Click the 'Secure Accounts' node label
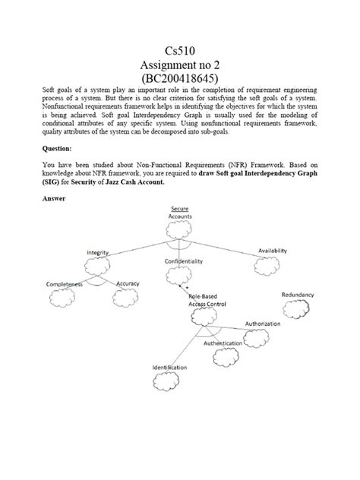pyautogui.click(x=180, y=212)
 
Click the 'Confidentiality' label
pyautogui.click(x=184, y=261)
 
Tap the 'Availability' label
pyautogui.click(x=277, y=251)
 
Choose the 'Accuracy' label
pyautogui.click(x=128, y=283)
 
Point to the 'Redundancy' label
pyautogui.click(x=298, y=294)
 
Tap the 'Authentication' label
pyautogui.click(x=223, y=343)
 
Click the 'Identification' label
pyautogui.click(x=170, y=368)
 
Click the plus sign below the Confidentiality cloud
pyautogui.click(x=186, y=289)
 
